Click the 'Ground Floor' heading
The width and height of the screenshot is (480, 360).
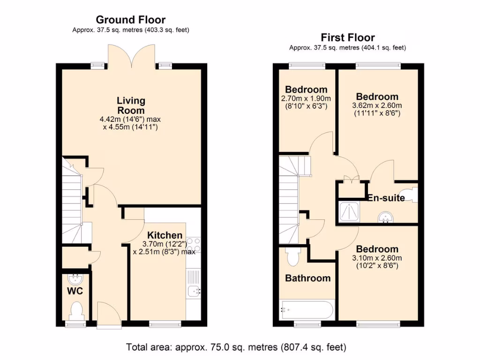pos(130,20)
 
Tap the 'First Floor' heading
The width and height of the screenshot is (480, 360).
pos(347,37)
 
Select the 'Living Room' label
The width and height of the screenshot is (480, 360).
pos(131,105)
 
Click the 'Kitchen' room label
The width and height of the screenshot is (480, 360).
pos(165,235)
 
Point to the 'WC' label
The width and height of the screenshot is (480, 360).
pos(75,291)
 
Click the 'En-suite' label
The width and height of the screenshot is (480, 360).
pos(386,198)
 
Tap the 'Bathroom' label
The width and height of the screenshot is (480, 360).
pos(307,278)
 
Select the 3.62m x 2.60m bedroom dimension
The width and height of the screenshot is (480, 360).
pos(377,105)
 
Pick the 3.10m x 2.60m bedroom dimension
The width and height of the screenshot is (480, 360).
pos(377,258)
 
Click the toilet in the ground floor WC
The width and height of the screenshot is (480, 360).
pos(75,310)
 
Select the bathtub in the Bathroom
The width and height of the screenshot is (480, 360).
pos(307,310)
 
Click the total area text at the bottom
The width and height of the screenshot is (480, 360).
pos(236,347)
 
